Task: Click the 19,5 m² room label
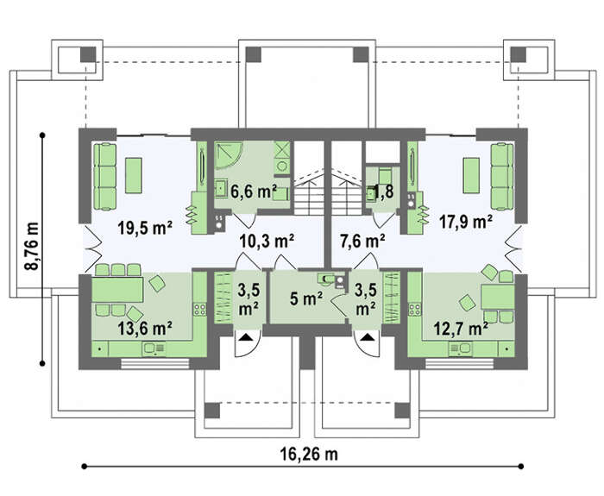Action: pyautogui.click(x=145, y=228)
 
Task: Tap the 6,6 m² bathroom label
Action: pyautogui.click(x=254, y=191)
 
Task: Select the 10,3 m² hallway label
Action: pyautogui.click(x=267, y=242)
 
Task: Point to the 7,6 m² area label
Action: pyautogui.click(x=362, y=242)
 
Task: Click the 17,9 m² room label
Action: pyautogui.click(x=466, y=222)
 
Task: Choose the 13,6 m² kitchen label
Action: pyautogui.click(x=145, y=329)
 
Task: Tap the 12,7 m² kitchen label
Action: pyautogui.click(x=461, y=329)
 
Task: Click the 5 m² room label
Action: pyautogui.click(x=306, y=298)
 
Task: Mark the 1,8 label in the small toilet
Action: pyautogui.click(x=384, y=191)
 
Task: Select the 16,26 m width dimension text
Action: pyautogui.click(x=309, y=454)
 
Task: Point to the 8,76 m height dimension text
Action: pyautogui.click(x=32, y=247)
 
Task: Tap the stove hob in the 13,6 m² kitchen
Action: pyautogui.click(x=199, y=309)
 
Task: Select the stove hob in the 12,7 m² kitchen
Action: pyautogui.click(x=414, y=309)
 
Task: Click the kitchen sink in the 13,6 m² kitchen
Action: pyautogui.click(x=154, y=348)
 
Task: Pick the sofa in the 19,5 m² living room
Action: pyautogui.click(x=104, y=176)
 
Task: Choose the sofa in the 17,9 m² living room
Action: pyautogui.click(x=502, y=176)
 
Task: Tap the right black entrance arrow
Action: pyautogui.click(x=368, y=338)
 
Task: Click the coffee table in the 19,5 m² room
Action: pyautogui.click(x=134, y=175)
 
